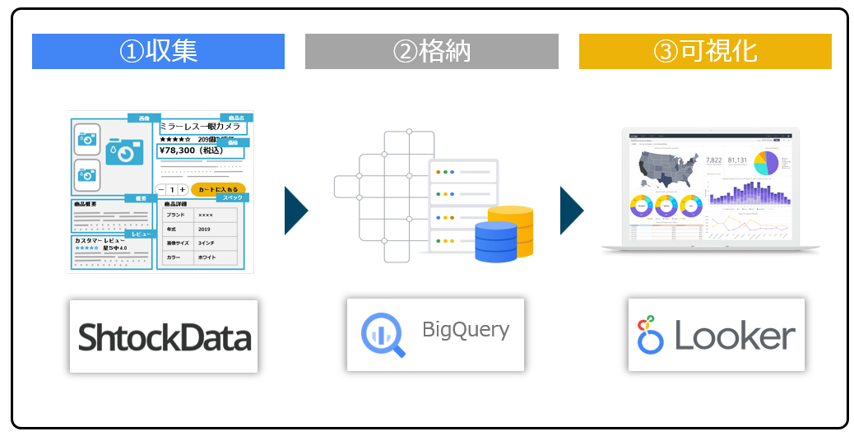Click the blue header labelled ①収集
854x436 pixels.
[x=158, y=51]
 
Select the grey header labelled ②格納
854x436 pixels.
[x=431, y=51]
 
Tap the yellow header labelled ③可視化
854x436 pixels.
[x=705, y=51]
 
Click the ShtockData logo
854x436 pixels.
[x=164, y=337]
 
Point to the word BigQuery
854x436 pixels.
[x=466, y=331]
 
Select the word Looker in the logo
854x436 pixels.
[x=735, y=336]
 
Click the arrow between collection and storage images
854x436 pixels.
[x=295, y=211]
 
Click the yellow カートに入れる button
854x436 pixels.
[x=218, y=189]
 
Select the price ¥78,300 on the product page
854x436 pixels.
[x=188, y=151]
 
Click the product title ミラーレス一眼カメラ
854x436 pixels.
[x=201, y=127]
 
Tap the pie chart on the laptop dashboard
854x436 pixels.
[x=766, y=162]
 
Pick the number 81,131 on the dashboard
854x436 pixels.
[x=737, y=160]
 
